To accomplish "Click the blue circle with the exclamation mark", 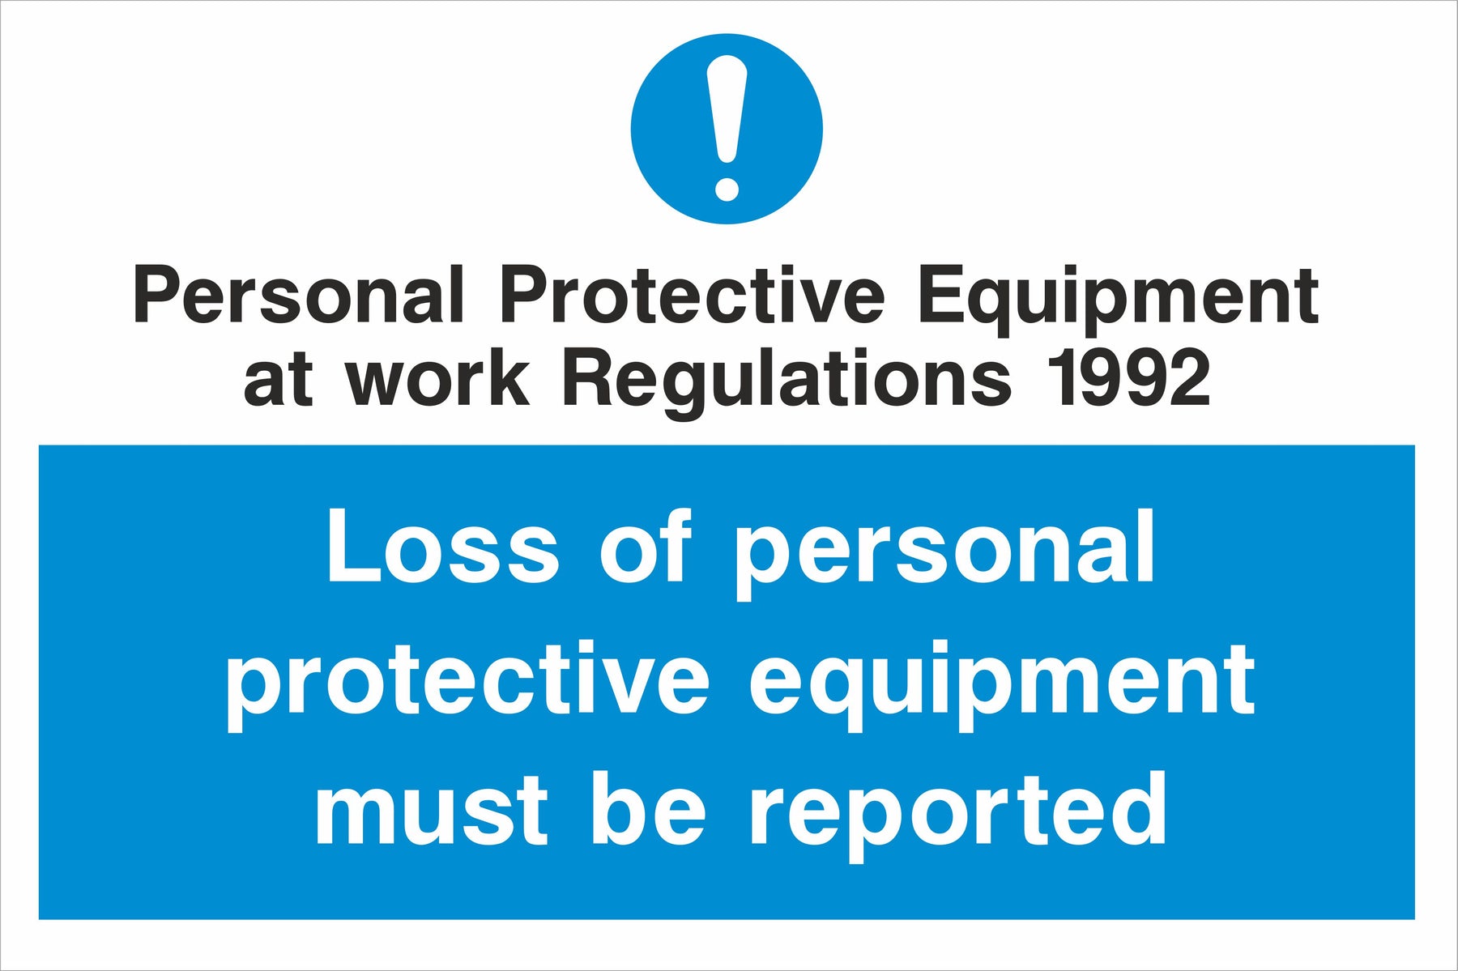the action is click(x=727, y=129).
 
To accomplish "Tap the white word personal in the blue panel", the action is click(x=944, y=554).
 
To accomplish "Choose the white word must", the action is click(x=431, y=811).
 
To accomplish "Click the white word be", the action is click(x=650, y=807).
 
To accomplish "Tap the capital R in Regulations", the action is click(x=590, y=377).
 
